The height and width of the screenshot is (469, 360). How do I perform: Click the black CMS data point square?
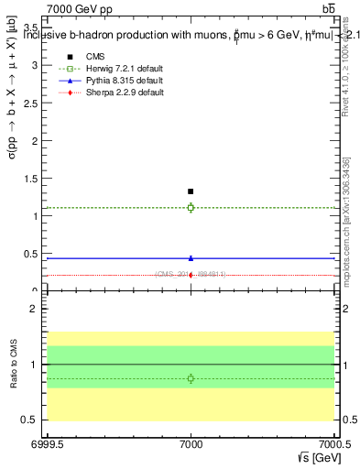point(191,191)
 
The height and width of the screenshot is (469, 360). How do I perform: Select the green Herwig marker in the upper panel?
point(191,208)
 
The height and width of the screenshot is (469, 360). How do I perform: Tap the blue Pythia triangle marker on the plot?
point(191,258)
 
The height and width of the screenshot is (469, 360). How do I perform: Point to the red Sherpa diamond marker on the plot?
point(191,275)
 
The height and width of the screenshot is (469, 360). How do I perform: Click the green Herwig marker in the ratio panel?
point(191,378)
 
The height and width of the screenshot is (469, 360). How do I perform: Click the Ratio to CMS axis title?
point(12,364)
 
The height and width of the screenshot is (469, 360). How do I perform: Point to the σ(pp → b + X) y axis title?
point(12,156)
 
